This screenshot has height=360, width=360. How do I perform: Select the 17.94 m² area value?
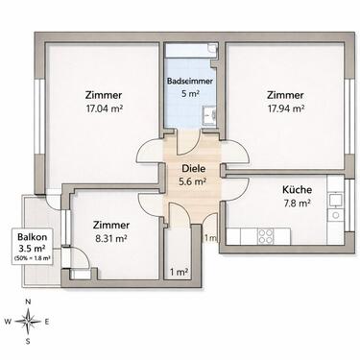tap(285, 108)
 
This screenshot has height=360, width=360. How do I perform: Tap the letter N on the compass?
tap(29, 302)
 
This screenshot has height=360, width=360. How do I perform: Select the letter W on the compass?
tap(9, 322)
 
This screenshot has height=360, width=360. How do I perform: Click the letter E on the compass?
tap(49, 322)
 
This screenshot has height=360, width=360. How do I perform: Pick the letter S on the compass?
tap(29, 341)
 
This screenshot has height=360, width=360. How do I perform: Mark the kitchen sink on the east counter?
tap(334, 201)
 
